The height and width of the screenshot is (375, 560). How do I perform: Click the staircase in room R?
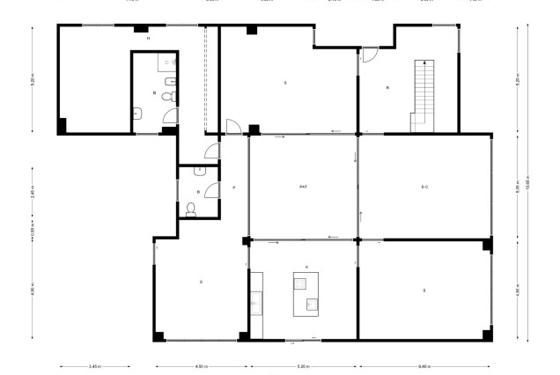tap(424, 96)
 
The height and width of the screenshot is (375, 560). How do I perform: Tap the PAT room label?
tap(303, 187)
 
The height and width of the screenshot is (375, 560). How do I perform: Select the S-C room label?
tap(424, 187)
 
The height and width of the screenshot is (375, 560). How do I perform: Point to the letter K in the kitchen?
tap(306, 266)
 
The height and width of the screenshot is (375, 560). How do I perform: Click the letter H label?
tap(148, 40)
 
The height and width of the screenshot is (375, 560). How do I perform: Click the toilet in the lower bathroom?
tap(191, 209)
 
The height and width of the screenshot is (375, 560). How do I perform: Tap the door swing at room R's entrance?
tap(369, 55)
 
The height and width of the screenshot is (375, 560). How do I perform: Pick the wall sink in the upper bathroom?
tap(137, 112)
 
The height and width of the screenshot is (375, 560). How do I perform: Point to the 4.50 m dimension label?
tap(201, 365)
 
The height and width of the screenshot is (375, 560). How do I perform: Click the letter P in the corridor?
tap(233, 188)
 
